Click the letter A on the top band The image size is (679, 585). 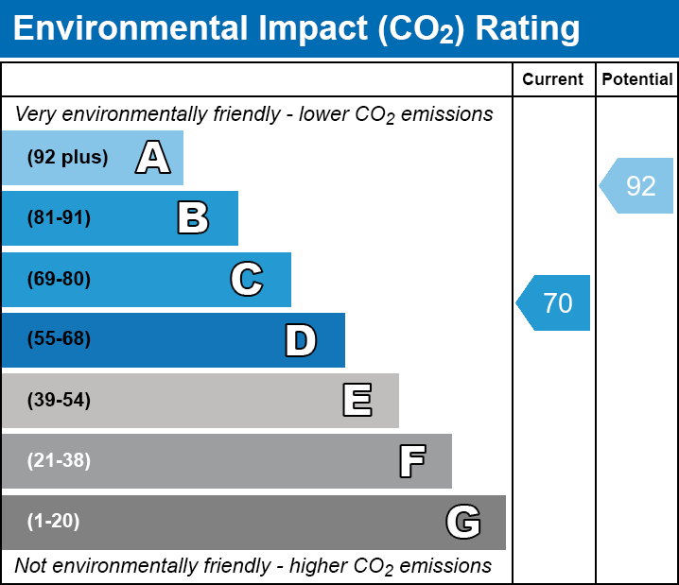coord(153,158)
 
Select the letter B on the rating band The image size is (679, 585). coord(193,218)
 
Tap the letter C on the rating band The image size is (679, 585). coord(246,280)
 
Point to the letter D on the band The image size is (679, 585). coord(301,340)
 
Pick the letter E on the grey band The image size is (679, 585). coord(357,401)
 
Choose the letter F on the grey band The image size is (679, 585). coord(411,461)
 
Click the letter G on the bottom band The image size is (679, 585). coord(463,522)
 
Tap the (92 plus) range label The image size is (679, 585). coord(67,158)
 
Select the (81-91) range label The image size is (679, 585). coord(59,218)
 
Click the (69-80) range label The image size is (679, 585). coord(59,280)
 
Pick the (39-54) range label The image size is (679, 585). coord(59,401)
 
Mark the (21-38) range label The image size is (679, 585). coord(59,461)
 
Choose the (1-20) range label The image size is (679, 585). coord(54,522)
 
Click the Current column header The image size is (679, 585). coord(553,80)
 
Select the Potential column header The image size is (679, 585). coord(637,80)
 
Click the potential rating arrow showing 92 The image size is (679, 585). coord(636,186)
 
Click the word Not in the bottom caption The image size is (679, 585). coord(31,566)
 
